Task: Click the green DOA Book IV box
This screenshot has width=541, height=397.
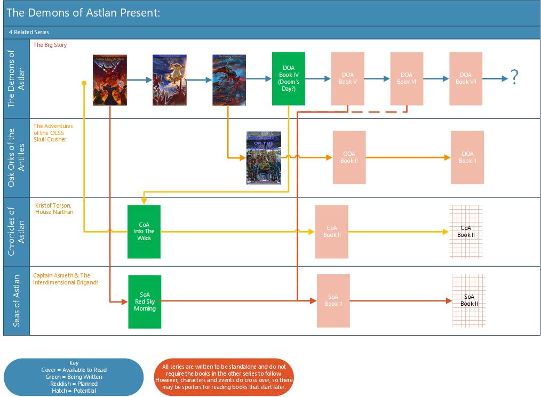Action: (288, 78)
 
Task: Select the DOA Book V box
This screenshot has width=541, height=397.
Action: (347, 78)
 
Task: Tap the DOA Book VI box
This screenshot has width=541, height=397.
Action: (407, 78)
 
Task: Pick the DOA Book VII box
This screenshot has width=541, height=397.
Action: (465, 78)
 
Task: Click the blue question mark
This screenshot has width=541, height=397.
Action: (514, 78)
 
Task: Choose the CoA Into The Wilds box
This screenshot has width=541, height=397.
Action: (144, 232)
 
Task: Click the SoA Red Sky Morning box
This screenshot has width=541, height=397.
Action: (145, 301)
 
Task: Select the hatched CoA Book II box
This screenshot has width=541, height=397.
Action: (466, 231)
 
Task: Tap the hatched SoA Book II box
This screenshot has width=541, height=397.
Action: (469, 300)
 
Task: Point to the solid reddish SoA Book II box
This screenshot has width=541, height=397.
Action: (333, 300)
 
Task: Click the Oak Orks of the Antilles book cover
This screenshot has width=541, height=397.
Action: (264, 158)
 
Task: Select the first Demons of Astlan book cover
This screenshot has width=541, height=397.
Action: (109, 80)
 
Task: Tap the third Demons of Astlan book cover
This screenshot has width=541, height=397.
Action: (229, 80)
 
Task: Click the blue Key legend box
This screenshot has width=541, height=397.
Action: (74, 377)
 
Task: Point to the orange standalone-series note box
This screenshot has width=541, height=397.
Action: (224, 377)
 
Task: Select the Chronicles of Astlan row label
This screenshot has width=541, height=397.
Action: (17, 231)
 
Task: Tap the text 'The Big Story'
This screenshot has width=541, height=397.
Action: (50, 45)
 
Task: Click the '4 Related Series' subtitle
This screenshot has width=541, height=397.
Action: (29, 33)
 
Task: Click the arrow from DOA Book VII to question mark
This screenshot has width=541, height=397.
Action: (495, 79)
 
